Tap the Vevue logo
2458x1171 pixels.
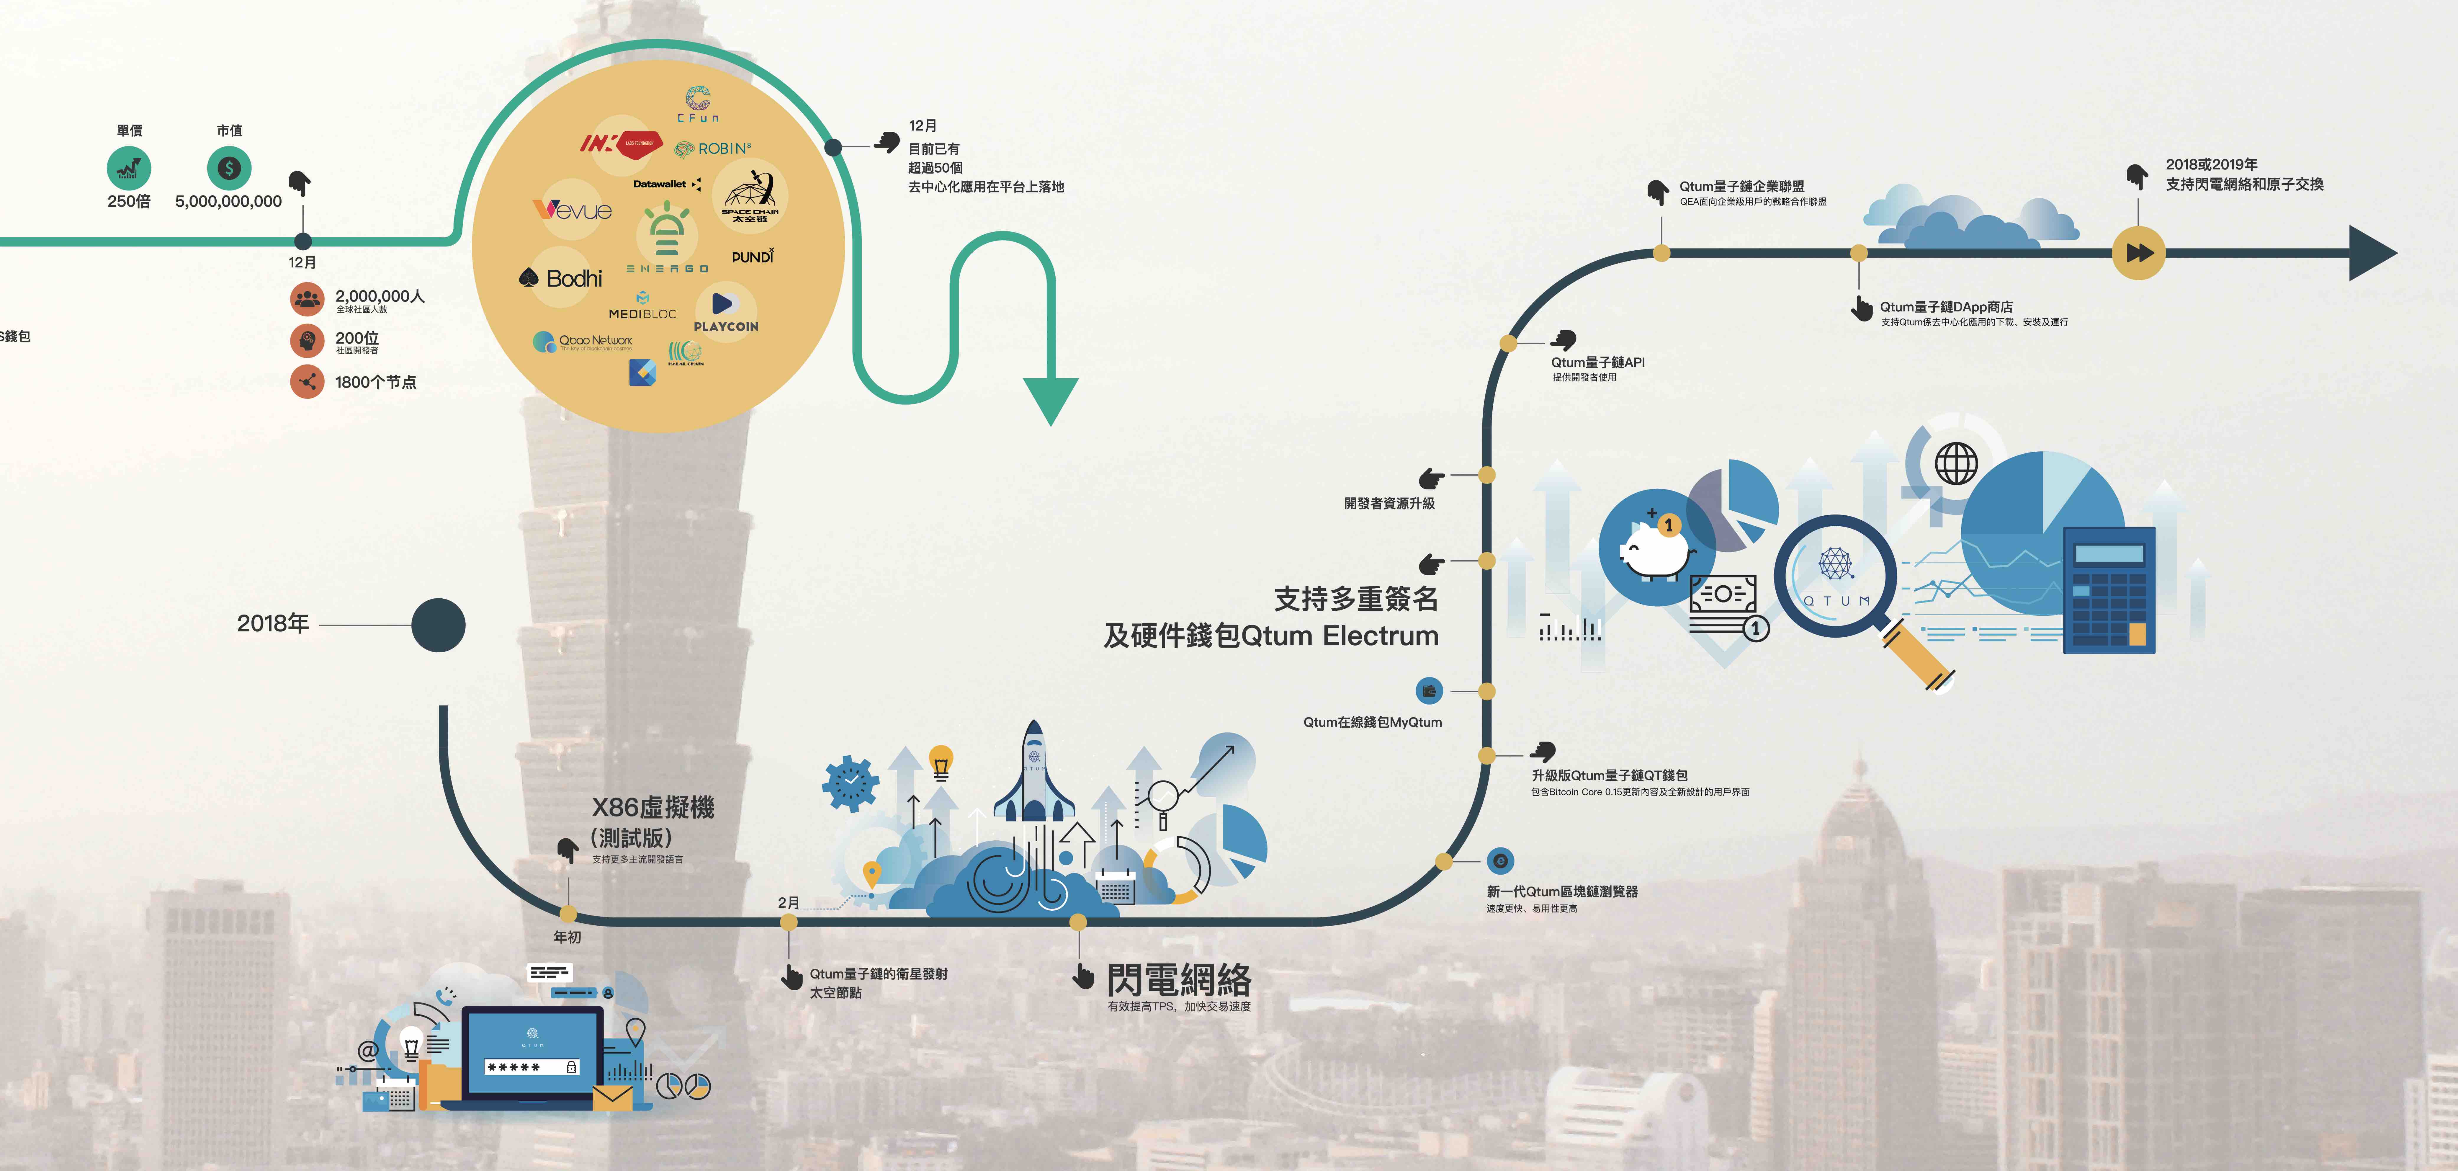pyautogui.click(x=573, y=209)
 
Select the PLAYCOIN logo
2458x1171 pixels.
pyautogui.click(x=725, y=312)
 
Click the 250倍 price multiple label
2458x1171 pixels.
pyautogui.click(x=129, y=201)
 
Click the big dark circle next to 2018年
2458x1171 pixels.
pyautogui.click(x=438, y=625)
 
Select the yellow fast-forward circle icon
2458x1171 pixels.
pyautogui.click(x=2138, y=253)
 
